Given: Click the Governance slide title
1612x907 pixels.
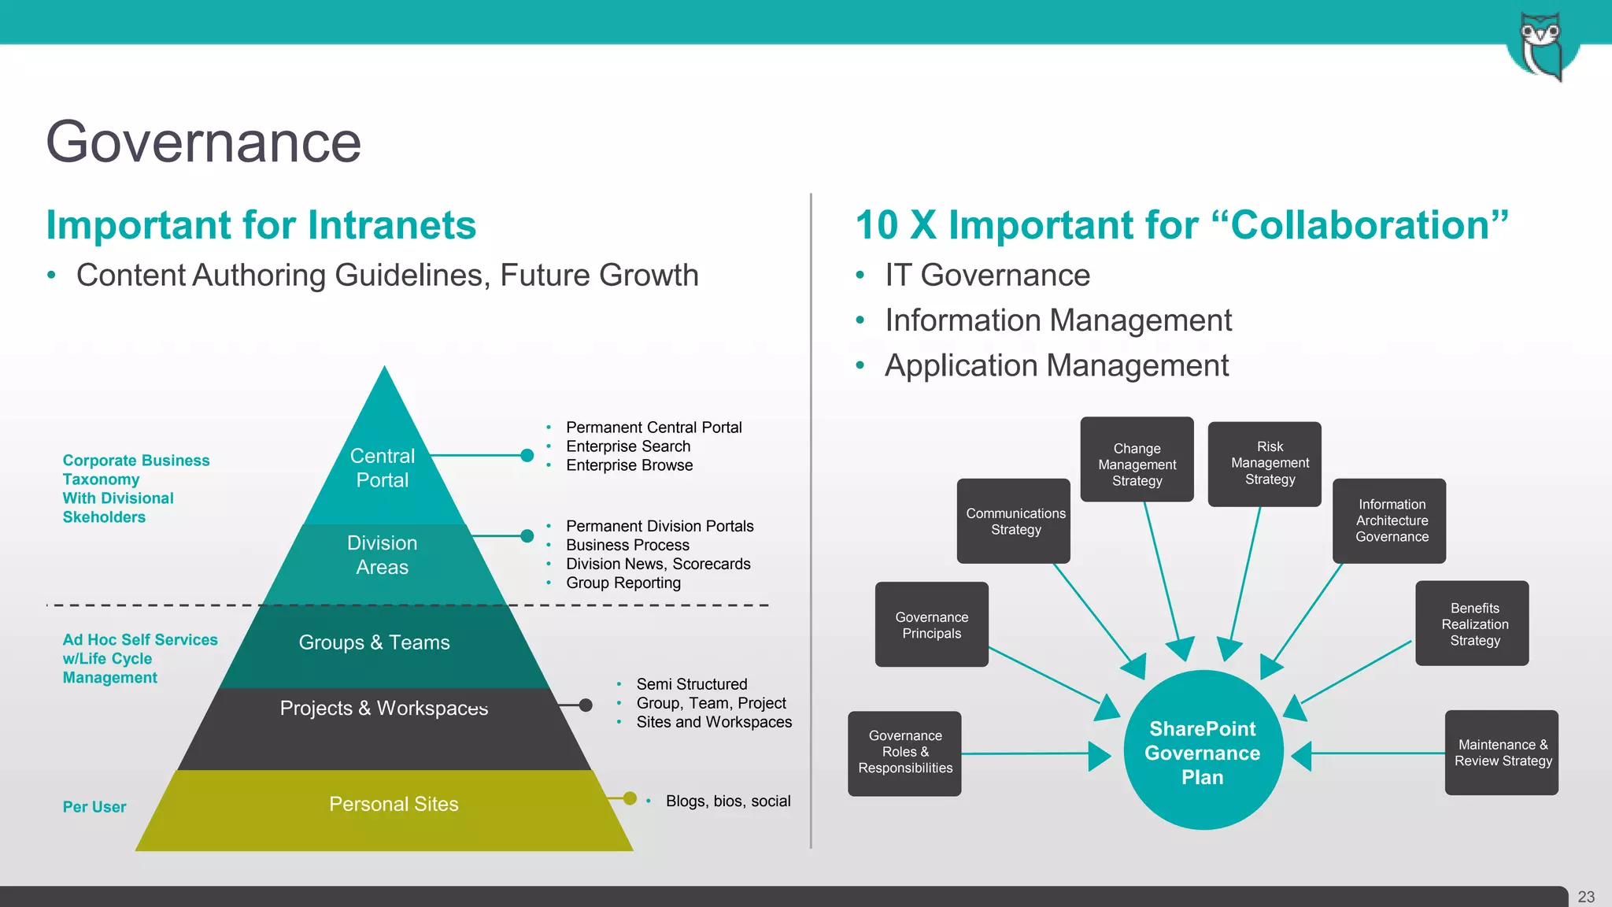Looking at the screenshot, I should pyautogui.click(x=203, y=143).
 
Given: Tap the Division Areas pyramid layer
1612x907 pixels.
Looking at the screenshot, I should pyautogui.click(x=383, y=555).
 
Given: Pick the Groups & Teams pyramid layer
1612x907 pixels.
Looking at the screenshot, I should pyautogui.click(x=375, y=642).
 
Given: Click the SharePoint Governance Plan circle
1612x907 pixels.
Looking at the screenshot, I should pyautogui.click(x=1203, y=752).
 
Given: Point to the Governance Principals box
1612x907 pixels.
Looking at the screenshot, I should pyautogui.click(x=932, y=624).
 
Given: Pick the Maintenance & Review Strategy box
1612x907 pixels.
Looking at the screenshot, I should pyautogui.click(x=1502, y=753).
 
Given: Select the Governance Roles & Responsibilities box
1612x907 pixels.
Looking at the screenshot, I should pyautogui.click(x=904, y=753).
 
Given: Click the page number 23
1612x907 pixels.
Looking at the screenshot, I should pyautogui.click(x=1586, y=897).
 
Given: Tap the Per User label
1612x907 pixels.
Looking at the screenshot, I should pyautogui.click(x=94, y=807).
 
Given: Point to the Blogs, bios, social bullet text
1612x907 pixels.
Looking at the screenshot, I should pyautogui.click(x=728, y=801).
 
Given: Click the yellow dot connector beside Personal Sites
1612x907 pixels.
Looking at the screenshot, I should pyautogui.click(x=630, y=798).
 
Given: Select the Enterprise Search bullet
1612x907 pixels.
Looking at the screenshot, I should pyautogui.click(x=628, y=446).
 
